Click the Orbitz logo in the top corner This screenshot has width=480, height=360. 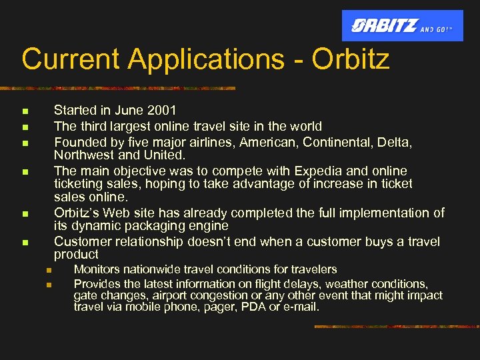click(402, 26)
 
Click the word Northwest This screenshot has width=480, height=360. click(85, 155)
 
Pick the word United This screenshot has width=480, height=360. click(164, 155)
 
